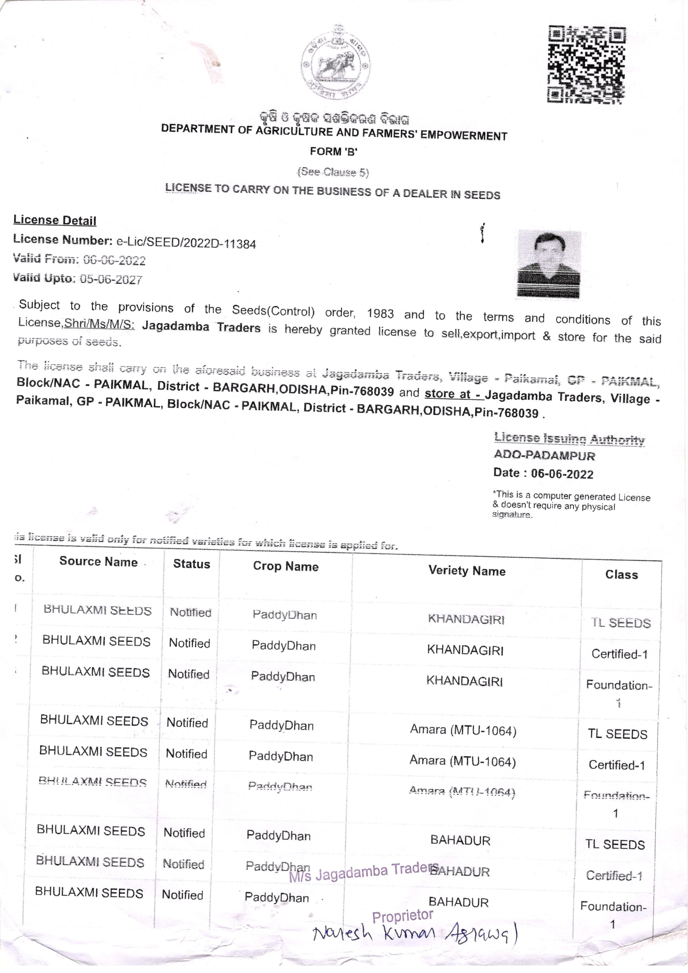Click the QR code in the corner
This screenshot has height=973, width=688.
tap(587, 64)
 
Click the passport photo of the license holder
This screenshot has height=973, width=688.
tap(549, 264)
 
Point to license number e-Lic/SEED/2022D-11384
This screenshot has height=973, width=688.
tap(186, 243)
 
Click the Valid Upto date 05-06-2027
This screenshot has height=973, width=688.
tap(111, 279)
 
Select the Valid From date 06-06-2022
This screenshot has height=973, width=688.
tap(114, 260)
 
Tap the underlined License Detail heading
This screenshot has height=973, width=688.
tap(55, 220)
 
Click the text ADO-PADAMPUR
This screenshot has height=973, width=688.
tap(544, 456)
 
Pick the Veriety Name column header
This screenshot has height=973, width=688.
tap(467, 571)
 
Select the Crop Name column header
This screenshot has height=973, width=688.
tap(286, 566)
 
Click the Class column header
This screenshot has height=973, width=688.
tap(621, 575)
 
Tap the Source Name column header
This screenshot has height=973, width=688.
tap(98, 562)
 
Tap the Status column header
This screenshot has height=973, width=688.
tap(192, 564)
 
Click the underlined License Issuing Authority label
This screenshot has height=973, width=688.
tap(569, 439)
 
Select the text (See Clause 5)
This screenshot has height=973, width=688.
tap(333, 172)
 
